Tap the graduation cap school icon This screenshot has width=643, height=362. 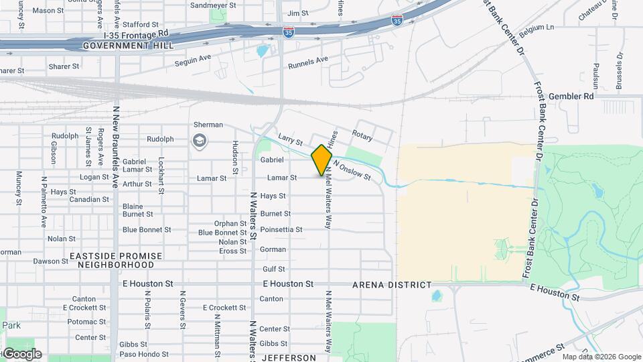199,141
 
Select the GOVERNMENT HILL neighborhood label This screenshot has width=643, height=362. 128,46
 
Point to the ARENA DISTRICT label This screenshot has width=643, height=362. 392,285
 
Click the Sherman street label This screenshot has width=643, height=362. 208,125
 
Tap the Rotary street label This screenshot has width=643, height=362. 362,136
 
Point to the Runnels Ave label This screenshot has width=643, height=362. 308,63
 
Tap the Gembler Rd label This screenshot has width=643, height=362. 571,97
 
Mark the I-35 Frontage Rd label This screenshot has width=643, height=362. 136,34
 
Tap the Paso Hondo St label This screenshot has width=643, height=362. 144,354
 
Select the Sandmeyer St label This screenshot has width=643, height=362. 214,5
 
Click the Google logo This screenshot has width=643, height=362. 21,353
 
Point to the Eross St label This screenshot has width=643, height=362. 233,251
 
